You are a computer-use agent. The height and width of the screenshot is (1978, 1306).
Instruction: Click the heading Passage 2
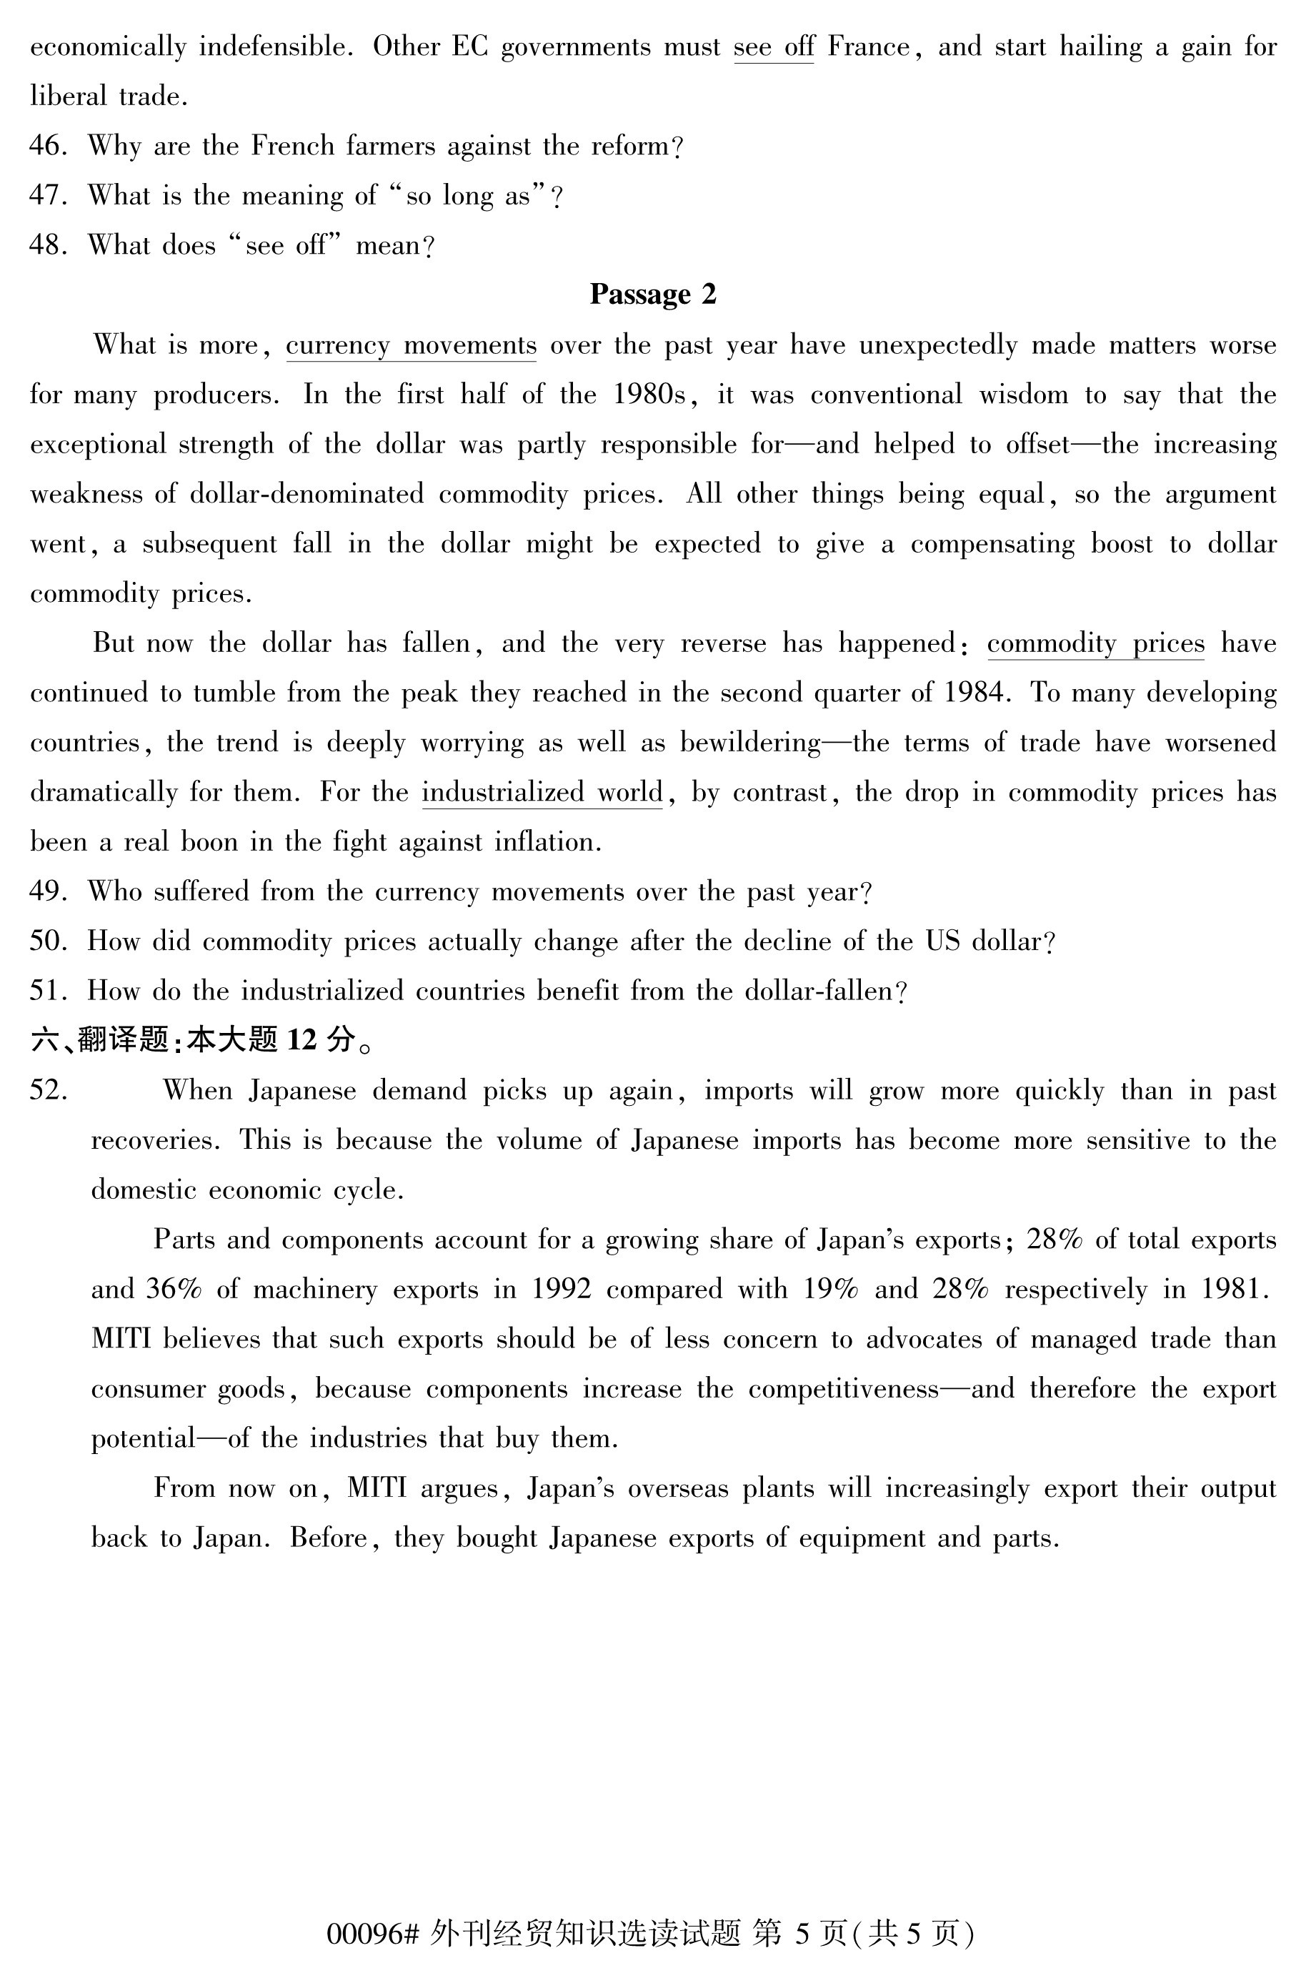click(652, 295)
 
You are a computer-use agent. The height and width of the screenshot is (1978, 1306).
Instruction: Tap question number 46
click(46, 146)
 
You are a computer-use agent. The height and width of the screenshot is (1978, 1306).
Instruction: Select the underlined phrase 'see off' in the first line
click(773, 46)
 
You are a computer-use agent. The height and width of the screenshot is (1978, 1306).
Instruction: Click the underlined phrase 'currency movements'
click(411, 345)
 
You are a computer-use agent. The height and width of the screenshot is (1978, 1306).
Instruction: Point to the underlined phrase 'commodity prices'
click(1095, 643)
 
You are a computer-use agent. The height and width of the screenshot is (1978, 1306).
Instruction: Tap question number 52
click(46, 1091)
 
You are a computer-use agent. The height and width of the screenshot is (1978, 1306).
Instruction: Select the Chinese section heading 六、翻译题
click(100, 1040)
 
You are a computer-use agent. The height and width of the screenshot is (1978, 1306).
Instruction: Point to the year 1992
click(561, 1290)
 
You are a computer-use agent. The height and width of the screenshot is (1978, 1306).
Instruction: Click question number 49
click(46, 891)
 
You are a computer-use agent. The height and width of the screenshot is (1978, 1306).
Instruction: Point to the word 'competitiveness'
click(843, 1389)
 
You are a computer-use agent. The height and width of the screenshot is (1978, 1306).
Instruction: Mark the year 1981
click(1235, 1290)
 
